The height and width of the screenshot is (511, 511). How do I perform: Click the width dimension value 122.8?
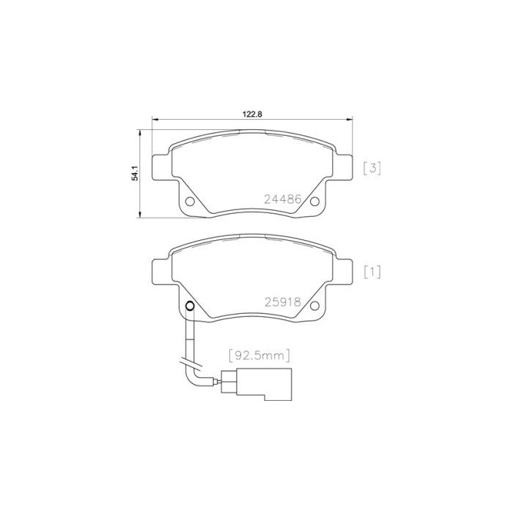click(252, 114)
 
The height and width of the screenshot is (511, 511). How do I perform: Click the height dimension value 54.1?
click(134, 173)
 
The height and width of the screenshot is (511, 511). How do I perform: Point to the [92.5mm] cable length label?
click(260, 356)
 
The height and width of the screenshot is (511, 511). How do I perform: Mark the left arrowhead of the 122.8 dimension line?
click(153, 120)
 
